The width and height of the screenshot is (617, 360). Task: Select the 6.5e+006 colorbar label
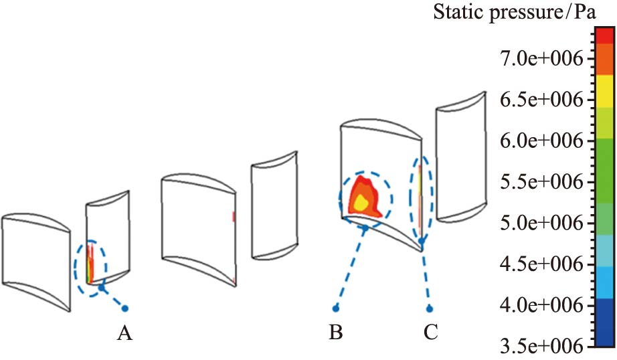pos(542,100)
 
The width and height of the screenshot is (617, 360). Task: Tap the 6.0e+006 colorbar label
pos(542,141)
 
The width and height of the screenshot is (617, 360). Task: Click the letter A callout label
pos(123,332)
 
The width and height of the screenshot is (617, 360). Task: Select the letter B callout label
pos(336,332)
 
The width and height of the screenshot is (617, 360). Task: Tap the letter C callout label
pos(429,332)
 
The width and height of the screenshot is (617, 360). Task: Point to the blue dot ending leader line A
pos(124,308)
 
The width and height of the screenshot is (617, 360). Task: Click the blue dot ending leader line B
pos(336,308)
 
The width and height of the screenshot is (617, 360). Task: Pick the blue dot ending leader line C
pos(430,308)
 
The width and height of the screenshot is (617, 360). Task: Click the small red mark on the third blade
pos(234,217)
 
